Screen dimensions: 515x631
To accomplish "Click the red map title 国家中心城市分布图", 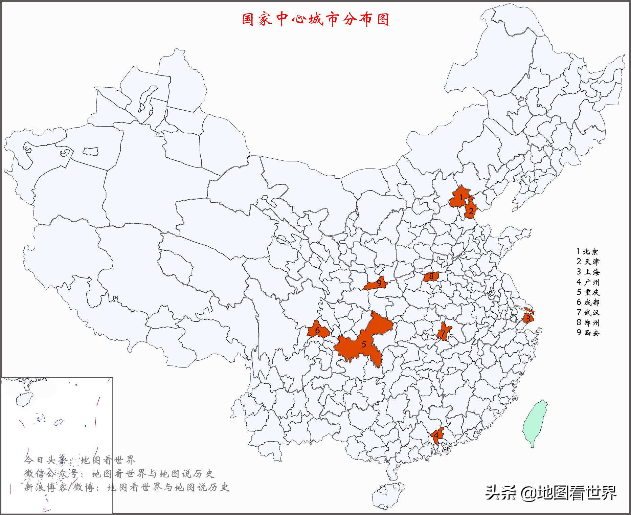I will click(315, 19).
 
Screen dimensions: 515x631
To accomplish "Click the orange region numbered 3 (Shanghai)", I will click(528, 318).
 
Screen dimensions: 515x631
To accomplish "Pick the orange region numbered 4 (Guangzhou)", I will click(436, 436).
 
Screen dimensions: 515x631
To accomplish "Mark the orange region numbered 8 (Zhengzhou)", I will click(431, 276).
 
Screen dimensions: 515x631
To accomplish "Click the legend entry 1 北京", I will click(587, 251).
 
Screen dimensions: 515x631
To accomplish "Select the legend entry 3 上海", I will click(588, 272).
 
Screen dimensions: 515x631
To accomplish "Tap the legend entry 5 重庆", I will click(588, 292).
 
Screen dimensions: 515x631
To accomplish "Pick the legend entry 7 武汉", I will click(588, 312).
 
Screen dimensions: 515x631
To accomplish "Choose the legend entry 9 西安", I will click(588, 333).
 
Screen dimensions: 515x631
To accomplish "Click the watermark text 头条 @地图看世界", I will click(551, 493).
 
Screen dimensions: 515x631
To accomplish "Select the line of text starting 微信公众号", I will click(119, 474).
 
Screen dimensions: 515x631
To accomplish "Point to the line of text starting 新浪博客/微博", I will click(127, 487).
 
